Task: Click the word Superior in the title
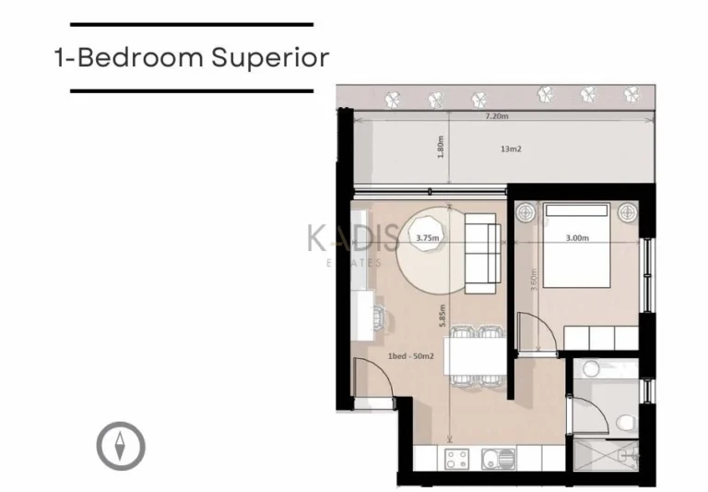coord(270,57)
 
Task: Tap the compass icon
coord(121,445)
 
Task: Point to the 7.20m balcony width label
coord(497,117)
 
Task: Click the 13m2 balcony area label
coord(511,148)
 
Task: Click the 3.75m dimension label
coord(427,237)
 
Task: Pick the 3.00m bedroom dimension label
coord(577,237)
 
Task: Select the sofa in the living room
coord(482,248)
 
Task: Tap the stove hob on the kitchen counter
coord(455,459)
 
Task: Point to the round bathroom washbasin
coord(591,369)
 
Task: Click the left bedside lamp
coord(527,212)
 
